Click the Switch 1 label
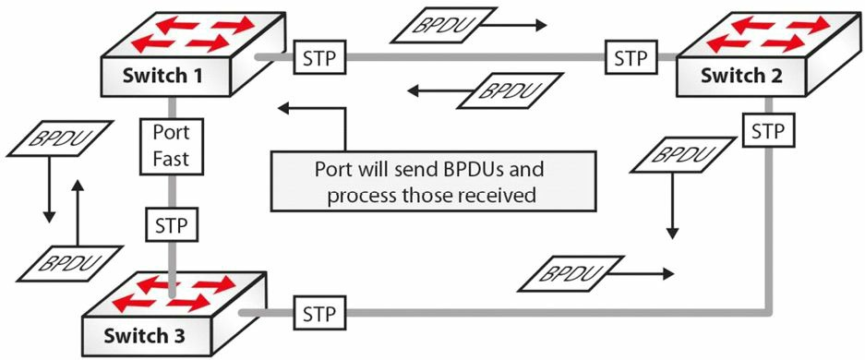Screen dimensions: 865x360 click(x=155, y=75)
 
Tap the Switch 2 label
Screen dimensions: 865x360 click(x=741, y=75)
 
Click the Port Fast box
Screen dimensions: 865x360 click(x=171, y=146)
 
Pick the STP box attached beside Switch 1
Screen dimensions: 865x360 click(x=320, y=58)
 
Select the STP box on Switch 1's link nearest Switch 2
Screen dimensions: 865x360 click(x=631, y=58)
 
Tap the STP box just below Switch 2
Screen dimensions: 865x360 click(x=768, y=131)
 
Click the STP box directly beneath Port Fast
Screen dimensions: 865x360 click(x=172, y=225)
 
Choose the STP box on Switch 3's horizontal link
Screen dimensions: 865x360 click(x=320, y=313)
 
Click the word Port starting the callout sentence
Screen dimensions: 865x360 click(x=332, y=168)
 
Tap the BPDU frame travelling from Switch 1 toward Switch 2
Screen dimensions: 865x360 click(x=442, y=25)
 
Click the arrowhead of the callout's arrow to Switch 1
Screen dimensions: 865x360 click(x=283, y=107)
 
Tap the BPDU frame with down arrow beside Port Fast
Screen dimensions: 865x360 click(x=61, y=138)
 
